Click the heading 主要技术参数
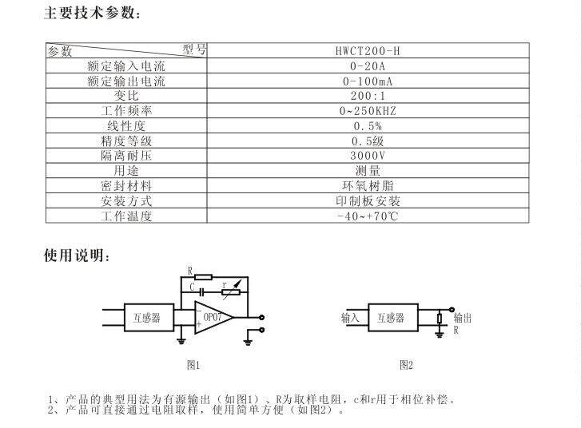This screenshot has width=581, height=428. coord(94,13)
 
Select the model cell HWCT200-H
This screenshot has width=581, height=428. coord(368,51)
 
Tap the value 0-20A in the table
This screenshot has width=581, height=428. coord(368,66)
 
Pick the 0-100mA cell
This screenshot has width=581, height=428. coord(368,81)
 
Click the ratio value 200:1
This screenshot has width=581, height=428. coord(368,96)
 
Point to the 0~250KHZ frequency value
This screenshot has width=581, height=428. coord(368,111)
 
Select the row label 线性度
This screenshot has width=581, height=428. coord(126,126)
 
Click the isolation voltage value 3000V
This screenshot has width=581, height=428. coord(368,156)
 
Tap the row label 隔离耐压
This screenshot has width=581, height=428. coord(126,156)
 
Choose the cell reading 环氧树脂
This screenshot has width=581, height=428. coord(368,185)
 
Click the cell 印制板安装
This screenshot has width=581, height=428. coord(368,200)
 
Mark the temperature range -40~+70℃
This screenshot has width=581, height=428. coord(368,216)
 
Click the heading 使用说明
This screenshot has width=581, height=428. coord(77,256)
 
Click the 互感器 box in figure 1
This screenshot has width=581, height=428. coord(146,317)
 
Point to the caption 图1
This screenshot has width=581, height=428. coord(192,365)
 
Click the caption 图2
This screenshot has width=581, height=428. coord(406,365)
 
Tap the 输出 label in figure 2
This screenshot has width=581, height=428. coord(462,317)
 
